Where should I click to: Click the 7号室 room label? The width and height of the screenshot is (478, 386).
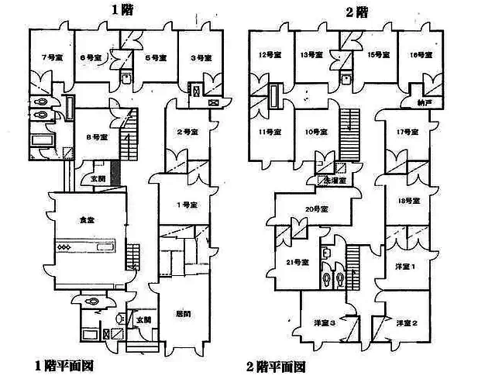click(46, 58)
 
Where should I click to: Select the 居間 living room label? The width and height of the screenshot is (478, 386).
click(183, 314)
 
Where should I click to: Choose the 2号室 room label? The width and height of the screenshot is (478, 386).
click(183, 133)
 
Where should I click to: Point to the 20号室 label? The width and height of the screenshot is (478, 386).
click(315, 209)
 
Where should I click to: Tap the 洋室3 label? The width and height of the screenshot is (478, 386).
click(323, 322)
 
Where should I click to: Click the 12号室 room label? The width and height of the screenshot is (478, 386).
click(268, 54)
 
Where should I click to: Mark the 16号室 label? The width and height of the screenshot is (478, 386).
click(421, 54)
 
